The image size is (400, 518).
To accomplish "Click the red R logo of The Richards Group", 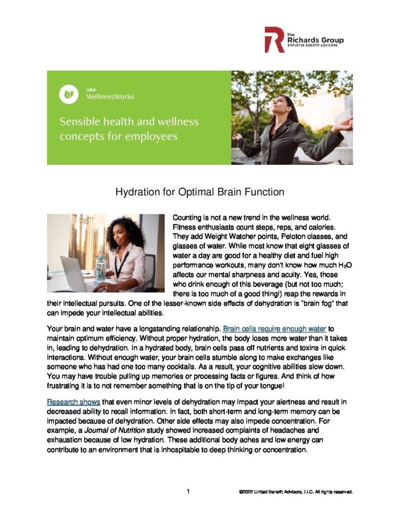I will (x=274, y=40).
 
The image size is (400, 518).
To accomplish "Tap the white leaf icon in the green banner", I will (x=68, y=94).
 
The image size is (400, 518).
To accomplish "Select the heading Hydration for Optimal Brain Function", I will (x=200, y=192).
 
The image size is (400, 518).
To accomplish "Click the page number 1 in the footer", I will (x=188, y=491).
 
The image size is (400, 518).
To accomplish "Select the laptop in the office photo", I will (x=75, y=274).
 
